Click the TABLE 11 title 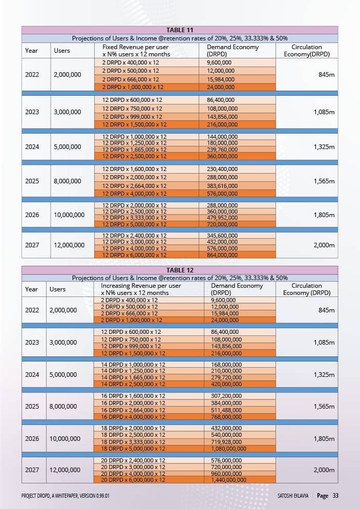[180, 30]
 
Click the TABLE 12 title [180, 270]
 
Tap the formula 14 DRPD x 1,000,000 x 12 [133, 365]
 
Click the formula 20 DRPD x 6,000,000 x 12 [133, 480]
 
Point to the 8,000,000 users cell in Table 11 [67, 181]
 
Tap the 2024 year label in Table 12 [32, 374]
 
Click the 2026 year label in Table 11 [32, 215]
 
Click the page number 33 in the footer [335, 496]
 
